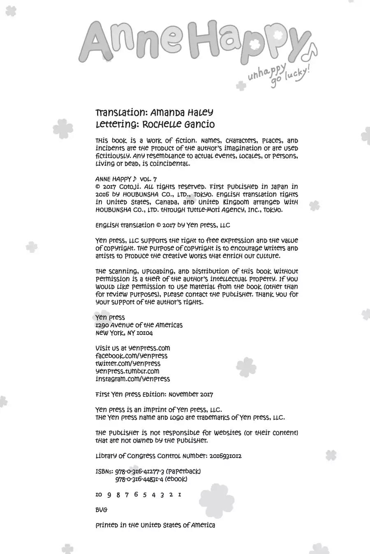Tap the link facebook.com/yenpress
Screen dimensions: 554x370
(131, 356)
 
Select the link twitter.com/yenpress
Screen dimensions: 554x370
(128, 364)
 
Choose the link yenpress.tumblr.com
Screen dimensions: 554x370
(127, 371)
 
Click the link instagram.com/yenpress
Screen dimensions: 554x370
(132, 379)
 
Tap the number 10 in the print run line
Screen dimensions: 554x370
(99, 494)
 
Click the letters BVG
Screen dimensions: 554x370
(101, 510)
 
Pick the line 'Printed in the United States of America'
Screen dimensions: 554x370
(155, 525)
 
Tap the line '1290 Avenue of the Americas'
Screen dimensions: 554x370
(139, 325)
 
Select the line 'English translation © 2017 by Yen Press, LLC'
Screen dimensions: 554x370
(162, 225)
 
